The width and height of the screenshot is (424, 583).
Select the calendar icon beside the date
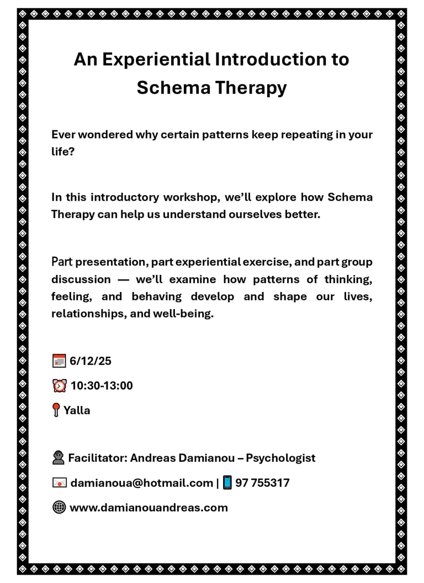click(59, 361)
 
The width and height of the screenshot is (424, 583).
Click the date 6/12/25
click(91, 361)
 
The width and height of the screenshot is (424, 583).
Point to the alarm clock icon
click(59, 386)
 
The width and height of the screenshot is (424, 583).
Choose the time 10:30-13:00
click(102, 386)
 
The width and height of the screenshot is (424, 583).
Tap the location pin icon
click(55, 410)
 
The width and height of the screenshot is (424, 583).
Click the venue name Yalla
click(77, 410)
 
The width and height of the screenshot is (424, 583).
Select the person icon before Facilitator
click(58, 458)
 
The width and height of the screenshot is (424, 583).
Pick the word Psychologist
click(280, 458)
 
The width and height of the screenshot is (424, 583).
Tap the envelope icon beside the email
click(59, 483)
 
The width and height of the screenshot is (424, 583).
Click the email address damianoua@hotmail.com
click(141, 483)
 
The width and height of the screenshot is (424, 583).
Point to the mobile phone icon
click(227, 483)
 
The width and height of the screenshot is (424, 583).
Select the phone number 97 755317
click(262, 483)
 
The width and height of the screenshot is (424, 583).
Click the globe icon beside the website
click(59, 507)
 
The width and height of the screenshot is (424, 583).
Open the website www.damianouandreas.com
click(149, 507)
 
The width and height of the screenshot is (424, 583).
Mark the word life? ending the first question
click(62, 152)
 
